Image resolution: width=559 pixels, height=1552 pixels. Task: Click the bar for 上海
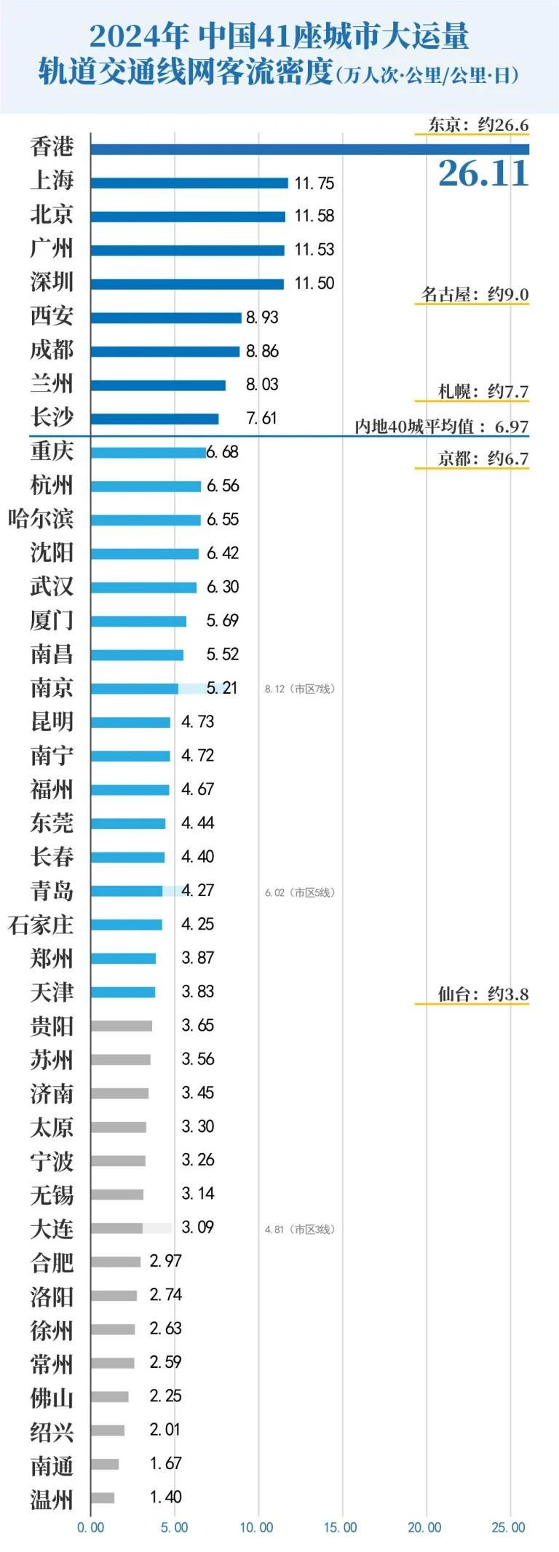(x=189, y=183)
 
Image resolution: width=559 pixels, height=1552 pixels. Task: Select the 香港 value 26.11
(x=483, y=173)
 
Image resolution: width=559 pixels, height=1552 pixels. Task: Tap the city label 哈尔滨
(x=41, y=519)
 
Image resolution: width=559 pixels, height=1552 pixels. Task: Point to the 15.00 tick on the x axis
(x=341, y=1527)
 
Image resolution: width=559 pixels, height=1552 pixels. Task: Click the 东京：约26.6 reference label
(x=478, y=124)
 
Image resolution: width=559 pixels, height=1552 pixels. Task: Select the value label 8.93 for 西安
(x=262, y=317)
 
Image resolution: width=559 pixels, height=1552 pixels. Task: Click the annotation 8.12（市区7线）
(x=300, y=689)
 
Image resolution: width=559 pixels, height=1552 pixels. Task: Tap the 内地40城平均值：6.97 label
(x=442, y=427)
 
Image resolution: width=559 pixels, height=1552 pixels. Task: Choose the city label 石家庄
(x=41, y=925)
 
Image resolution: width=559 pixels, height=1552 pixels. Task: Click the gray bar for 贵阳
(x=122, y=1026)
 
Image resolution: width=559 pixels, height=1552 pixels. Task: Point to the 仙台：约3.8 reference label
(x=483, y=994)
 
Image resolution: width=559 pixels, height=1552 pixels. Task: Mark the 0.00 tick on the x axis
(x=91, y=1527)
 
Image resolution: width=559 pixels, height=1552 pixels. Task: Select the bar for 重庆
(x=148, y=453)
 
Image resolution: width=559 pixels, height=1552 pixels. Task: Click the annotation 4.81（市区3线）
(x=300, y=1229)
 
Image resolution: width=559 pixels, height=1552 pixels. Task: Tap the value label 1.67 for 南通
(x=166, y=1462)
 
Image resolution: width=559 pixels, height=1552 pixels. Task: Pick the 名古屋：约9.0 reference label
(x=475, y=294)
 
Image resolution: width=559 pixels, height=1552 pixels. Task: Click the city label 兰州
(x=52, y=384)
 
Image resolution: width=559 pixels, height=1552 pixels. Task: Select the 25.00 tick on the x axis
(x=508, y=1527)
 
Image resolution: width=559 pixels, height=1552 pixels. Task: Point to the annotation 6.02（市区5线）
(x=300, y=892)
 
